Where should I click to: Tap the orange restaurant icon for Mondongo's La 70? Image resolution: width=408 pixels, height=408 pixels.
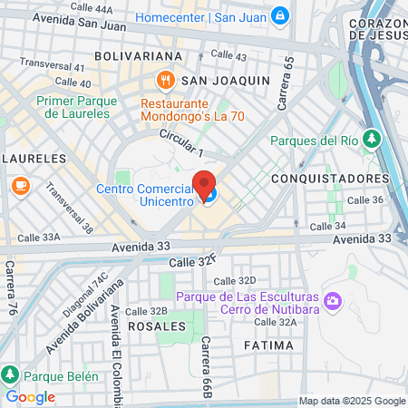click(x=165, y=81)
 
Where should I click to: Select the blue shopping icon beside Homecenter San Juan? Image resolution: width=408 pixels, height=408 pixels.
click(x=280, y=15)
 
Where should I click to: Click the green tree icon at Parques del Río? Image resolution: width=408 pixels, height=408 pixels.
click(x=371, y=139)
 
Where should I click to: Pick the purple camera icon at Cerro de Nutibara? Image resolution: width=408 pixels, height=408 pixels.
click(x=333, y=299)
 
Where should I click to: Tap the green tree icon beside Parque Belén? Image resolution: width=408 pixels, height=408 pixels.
click(x=10, y=374)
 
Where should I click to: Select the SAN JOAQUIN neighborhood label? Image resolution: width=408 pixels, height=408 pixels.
click(x=226, y=81)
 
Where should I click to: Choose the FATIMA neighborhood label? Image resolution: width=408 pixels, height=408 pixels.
click(x=268, y=345)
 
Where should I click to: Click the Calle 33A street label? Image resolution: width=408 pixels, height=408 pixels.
click(x=39, y=237)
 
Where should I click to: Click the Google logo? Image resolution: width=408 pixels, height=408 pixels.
click(x=31, y=396)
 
